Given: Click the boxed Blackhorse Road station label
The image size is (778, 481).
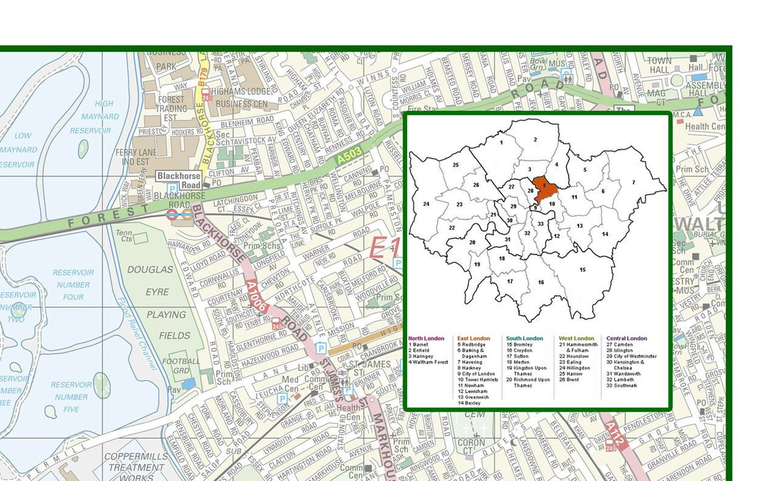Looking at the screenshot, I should click(x=178, y=180).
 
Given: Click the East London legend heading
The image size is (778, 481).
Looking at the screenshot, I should click(x=473, y=338).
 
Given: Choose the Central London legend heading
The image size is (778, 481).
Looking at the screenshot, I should click(x=626, y=338).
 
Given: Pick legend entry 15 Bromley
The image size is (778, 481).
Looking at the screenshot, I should click(x=521, y=344).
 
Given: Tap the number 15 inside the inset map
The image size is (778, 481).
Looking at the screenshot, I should click(x=582, y=269).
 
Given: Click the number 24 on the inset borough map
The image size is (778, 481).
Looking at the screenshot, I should click(x=426, y=204).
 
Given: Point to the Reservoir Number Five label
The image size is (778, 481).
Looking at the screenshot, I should click(x=71, y=397).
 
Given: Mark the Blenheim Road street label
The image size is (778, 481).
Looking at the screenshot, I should click(x=246, y=120).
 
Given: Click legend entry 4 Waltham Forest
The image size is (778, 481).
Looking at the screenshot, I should click(x=428, y=362).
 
